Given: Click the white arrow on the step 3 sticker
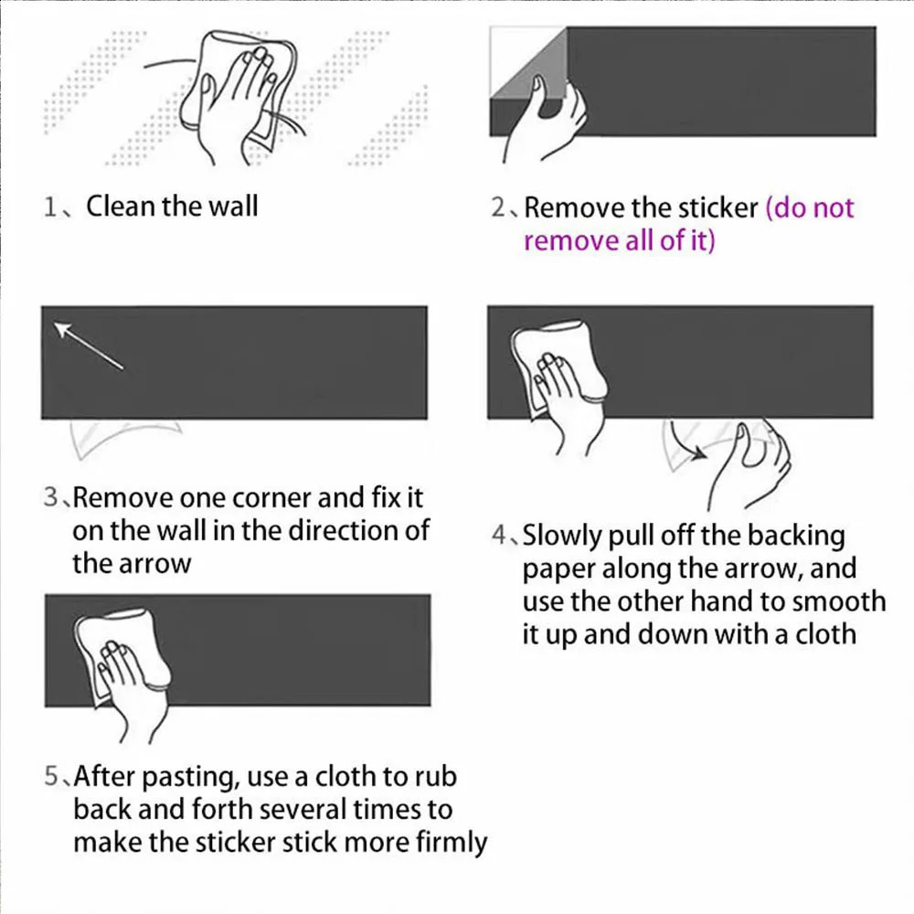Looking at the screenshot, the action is click(x=89, y=345).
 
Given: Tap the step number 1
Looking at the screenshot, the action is click(x=50, y=207).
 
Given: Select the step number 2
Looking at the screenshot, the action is click(x=498, y=207).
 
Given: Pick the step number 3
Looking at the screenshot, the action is click(x=50, y=497).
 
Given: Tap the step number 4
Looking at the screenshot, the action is click(x=499, y=535).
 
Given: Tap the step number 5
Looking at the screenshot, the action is click(x=51, y=776).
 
